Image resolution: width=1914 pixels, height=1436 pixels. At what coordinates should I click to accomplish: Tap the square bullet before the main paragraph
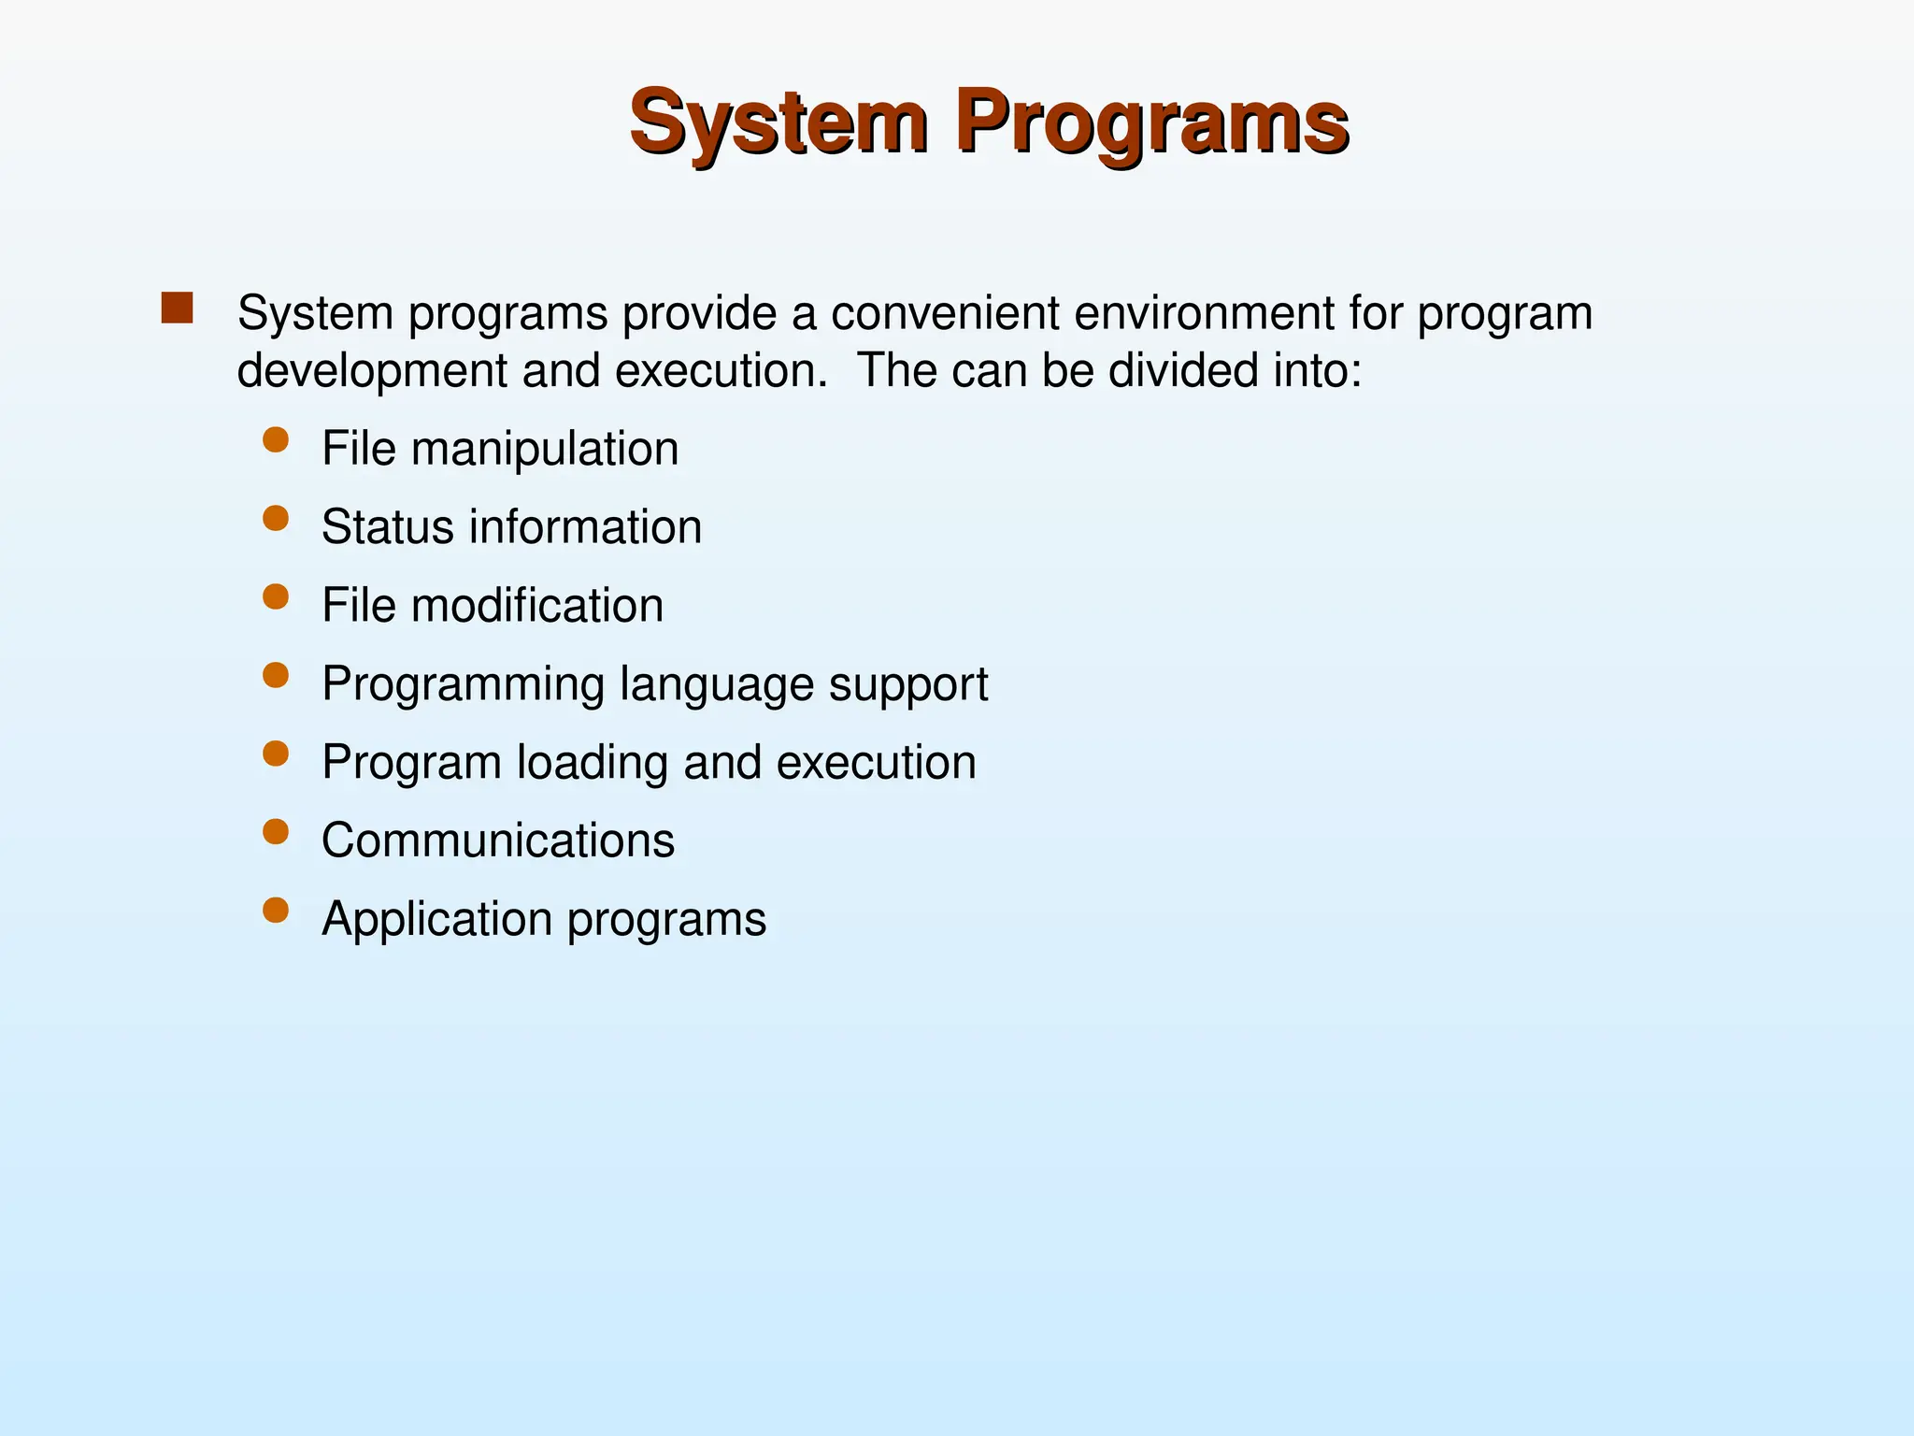click(177, 309)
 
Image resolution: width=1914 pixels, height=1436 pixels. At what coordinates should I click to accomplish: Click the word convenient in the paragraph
click(945, 312)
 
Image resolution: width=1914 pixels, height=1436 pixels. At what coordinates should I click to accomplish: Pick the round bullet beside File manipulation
click(276, 439)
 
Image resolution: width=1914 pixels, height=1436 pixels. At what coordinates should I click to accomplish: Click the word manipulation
click(545, 449)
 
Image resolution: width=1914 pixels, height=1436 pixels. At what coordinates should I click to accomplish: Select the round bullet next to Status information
click(276, 518)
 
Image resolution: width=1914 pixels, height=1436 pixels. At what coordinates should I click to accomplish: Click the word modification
click(537, 606)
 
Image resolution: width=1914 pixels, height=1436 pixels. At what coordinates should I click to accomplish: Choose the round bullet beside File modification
click(276, 596)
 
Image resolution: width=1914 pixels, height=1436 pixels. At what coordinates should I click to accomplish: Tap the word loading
click(593, 763)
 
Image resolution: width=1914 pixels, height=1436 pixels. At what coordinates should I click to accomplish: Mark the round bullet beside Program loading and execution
click(276, 754)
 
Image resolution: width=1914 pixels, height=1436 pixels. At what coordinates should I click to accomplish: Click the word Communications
click(498, 840)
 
